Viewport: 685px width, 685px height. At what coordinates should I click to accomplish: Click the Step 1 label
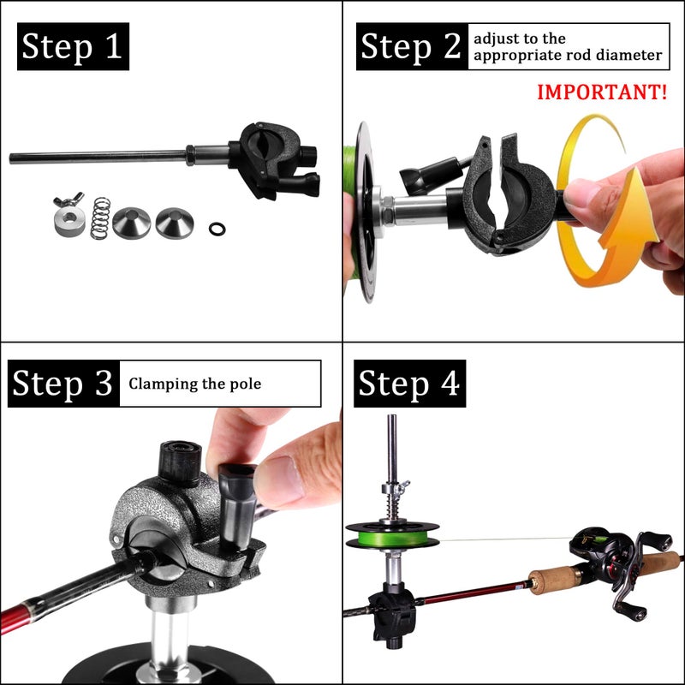(73, 46)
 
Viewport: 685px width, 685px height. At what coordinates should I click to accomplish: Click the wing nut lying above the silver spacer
(65, 204)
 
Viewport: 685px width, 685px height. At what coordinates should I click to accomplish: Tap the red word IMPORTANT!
(602, 92)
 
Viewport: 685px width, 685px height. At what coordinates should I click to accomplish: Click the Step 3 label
(62, 384)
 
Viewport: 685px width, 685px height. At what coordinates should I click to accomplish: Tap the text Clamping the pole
(195, 384)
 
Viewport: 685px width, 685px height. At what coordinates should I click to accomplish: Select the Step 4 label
(410, 384)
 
